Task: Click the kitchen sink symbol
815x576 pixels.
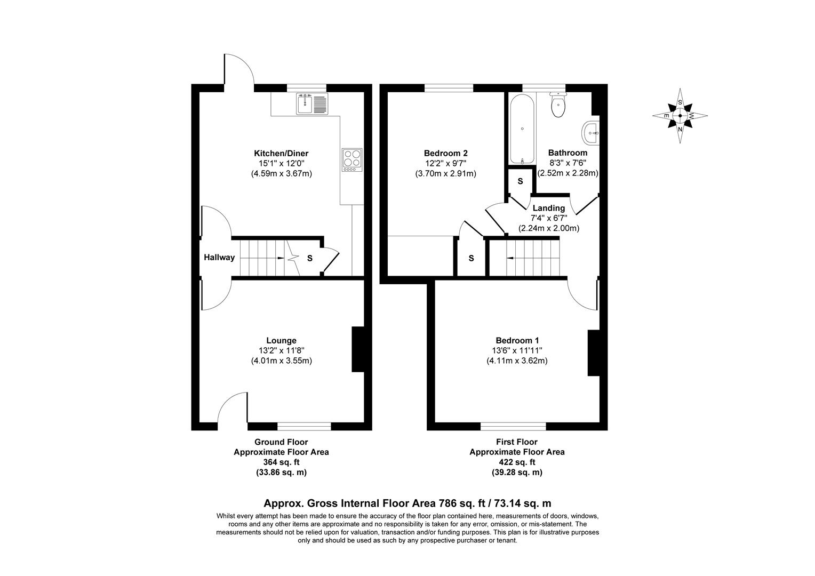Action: (312, 103)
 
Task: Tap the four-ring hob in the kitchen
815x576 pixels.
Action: (352, 159)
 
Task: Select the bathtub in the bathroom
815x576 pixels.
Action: (521, 130)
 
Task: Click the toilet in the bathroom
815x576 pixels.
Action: (558, 106)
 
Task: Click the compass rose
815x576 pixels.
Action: (680, 115)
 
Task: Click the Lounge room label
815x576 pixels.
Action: (281, 340)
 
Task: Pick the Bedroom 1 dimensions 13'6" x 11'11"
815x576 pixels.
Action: (517, 350)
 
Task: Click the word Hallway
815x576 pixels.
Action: (219, 258)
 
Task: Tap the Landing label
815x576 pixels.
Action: (549, 208)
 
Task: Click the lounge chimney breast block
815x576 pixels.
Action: (357, 349)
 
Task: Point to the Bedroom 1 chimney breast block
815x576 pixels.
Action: (593, 353)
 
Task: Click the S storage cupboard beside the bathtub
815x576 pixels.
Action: (520, 182)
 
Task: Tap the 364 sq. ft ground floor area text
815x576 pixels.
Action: (281, 462)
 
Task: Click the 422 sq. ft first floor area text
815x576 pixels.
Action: (517, 462)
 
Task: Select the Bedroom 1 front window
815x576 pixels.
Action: (513, 426)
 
